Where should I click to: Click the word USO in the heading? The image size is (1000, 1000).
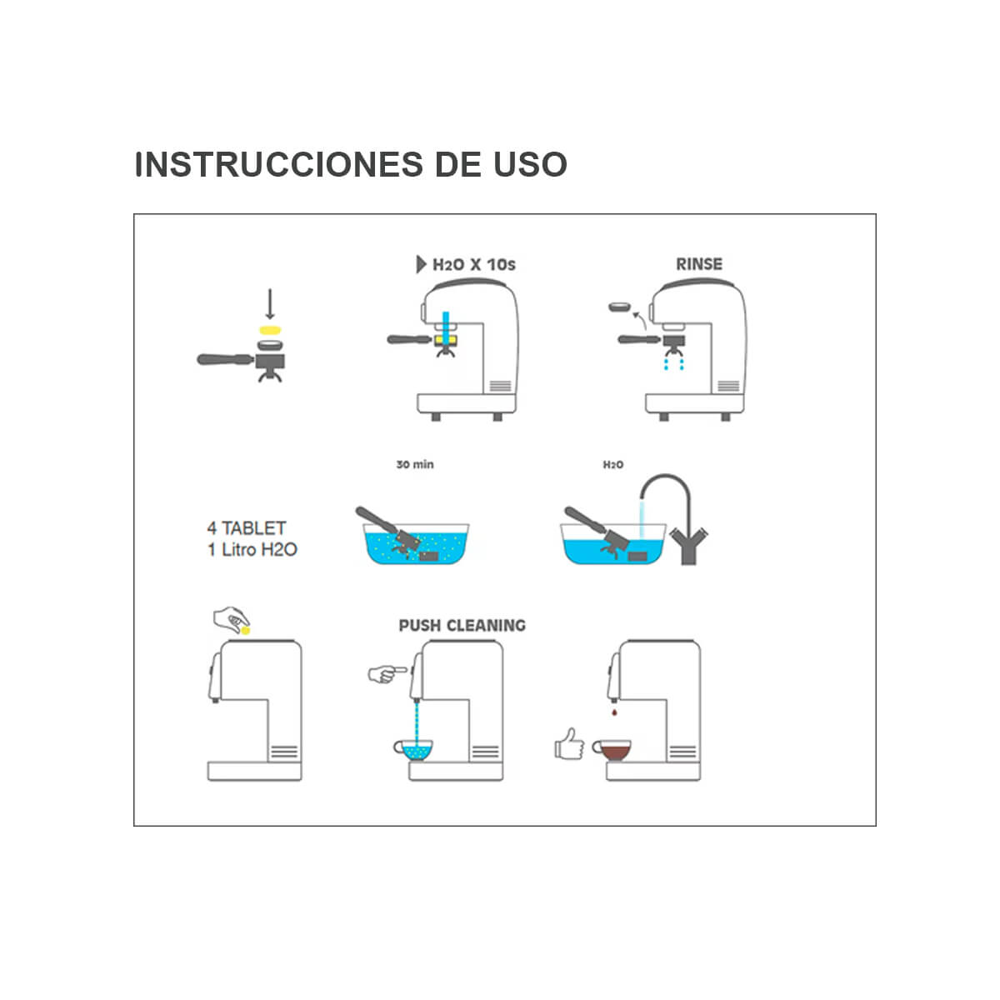(530, 164)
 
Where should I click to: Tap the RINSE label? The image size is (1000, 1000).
(698, 264)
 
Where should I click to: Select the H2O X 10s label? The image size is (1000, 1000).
(473, 265)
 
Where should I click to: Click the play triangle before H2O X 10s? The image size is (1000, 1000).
(421, 265)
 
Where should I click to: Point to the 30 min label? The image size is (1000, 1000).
(414, 464)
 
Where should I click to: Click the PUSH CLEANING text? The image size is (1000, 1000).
(462, 625)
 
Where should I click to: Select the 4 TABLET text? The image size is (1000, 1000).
(246, 528)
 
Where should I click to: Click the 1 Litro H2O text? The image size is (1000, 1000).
(252, 550)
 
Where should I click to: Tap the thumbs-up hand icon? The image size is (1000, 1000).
(569, 743)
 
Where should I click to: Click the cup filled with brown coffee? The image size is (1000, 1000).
(612, 750)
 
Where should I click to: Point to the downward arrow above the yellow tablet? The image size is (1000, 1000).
(269, 304)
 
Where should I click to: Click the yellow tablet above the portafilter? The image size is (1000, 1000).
(269, 331)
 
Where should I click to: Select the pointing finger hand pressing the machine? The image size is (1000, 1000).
(386, 672)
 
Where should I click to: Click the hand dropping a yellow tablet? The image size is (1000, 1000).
(231, 620)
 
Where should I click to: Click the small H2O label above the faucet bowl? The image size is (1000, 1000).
(612, 464)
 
